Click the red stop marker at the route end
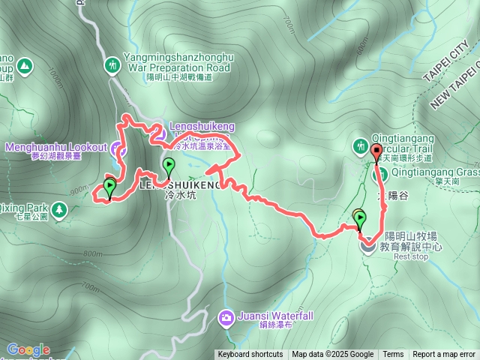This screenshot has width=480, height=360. coord(376,154)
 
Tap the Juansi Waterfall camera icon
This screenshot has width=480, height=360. coord(226,318)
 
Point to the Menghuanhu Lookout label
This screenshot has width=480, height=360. coord(56,148)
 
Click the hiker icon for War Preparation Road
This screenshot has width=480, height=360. coord(112,65)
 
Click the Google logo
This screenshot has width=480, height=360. coord(28,349)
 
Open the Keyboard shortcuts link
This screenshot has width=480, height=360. coord(250,355)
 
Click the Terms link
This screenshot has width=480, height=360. coord(393,355)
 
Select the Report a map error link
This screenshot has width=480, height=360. coord(444,355)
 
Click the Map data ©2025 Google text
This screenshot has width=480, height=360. coord(333,355)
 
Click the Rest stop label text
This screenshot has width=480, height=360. coord(410,256)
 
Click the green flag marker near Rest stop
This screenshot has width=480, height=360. coord(361,220)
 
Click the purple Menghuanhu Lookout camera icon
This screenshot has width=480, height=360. coord(118,148)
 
